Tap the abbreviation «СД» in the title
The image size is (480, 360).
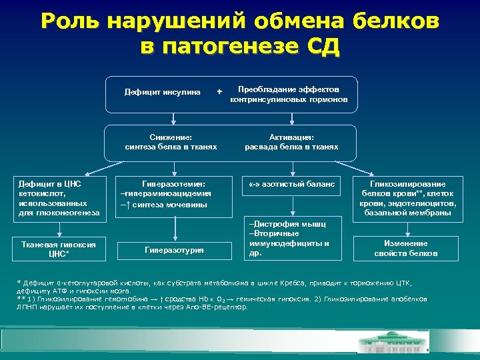tap(321, 47)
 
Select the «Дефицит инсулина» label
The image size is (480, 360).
tap(163, 92)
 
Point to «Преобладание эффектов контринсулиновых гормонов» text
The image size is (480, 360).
tap(289, 95)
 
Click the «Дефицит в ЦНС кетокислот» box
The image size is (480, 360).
tap(59, 198)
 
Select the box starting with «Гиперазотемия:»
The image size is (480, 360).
tap(173, 194)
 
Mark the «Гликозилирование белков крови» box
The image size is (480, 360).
tap(408, 198)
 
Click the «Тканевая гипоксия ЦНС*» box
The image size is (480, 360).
tap(59, 249)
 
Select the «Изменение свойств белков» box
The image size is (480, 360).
tap(409, 249)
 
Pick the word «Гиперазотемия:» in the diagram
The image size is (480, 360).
tap(173, 183)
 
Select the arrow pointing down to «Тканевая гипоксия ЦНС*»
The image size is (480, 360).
tap(59, 228)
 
